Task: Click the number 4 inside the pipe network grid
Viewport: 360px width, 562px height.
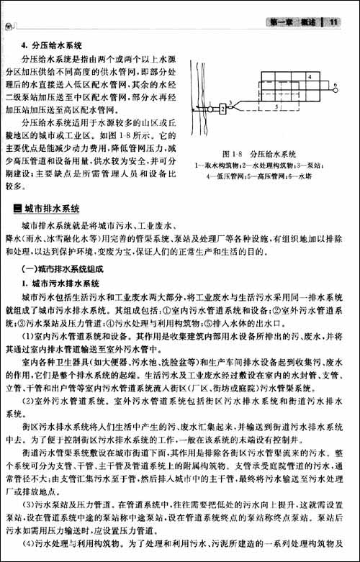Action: pyautogui.click(x=309, y=76)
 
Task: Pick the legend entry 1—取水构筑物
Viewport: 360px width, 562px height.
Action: pyautogui.click(x=217, y=164)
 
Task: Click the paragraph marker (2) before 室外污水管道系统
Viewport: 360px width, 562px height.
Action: pyautogui.click(x=30, y=402)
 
